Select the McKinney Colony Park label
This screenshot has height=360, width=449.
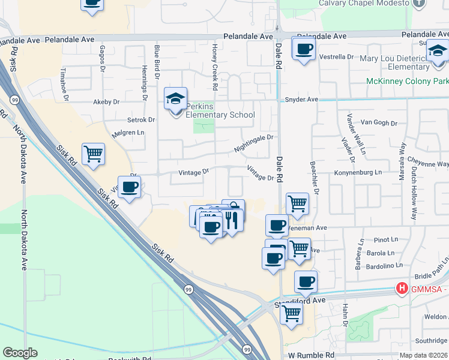point(407,81)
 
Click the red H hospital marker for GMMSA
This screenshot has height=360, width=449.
point(401,289)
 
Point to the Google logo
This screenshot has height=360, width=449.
point(20,353)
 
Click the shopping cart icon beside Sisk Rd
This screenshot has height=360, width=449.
point(93,154)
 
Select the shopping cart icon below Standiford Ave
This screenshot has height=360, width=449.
point(291,312)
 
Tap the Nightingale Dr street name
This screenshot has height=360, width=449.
point(253,143)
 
